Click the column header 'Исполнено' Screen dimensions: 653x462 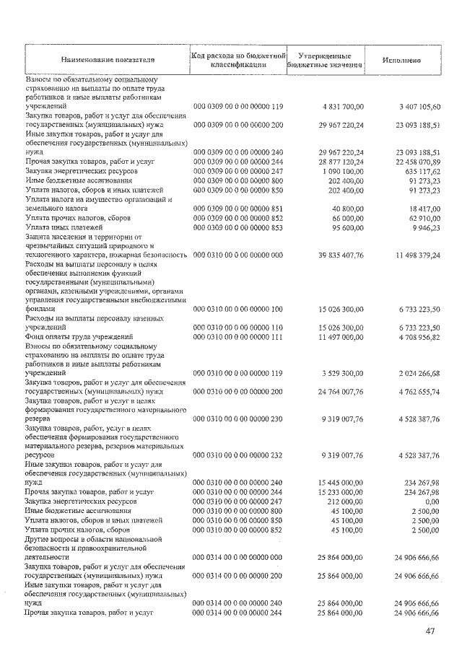(x=402, y=59)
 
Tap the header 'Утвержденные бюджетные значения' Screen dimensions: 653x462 (x=324, y=60)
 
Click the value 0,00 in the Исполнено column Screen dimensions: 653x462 (x=432, y=500)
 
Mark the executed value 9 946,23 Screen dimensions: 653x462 (x=423, y=227)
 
